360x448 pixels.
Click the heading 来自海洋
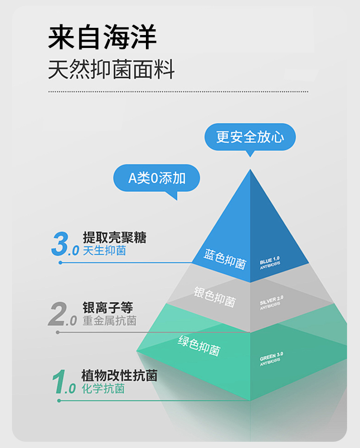click(103, 37)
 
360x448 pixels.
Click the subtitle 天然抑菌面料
click(111, 70)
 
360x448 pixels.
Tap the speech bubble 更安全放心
click(250, 137)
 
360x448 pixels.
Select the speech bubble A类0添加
click(156, 178)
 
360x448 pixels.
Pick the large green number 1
click(59, 382)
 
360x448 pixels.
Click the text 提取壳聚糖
click(114, 237)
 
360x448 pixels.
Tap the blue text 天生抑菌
click(104, 250)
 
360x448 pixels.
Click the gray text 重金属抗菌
click(109, 320)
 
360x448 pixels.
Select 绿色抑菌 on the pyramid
click(199, 345)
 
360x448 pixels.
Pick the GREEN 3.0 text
click(272, 358)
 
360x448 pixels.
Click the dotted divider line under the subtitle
click(178, 91)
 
